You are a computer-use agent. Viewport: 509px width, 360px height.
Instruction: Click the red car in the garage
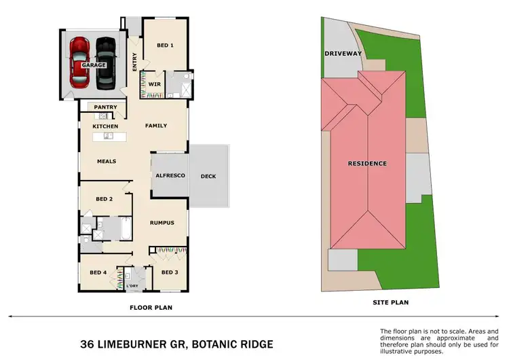[80, 62]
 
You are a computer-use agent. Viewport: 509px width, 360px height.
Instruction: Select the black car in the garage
[107, 62]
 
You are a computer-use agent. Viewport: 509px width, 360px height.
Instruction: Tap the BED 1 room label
[166, 45]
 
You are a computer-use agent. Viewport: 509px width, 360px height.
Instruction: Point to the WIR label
[154, 84]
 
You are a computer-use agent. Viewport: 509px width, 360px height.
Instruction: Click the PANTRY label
[105, 107]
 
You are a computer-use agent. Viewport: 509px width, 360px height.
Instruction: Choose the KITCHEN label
[105, 126]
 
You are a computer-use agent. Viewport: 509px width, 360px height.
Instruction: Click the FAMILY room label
[156, 126]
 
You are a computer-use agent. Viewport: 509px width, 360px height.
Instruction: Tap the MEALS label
[107, 161]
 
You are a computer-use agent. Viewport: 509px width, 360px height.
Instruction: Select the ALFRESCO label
[170, 175]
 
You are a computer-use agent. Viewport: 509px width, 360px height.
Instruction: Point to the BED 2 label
[104, 199]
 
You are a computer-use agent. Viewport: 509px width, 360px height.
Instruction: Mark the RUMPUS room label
[162, 222]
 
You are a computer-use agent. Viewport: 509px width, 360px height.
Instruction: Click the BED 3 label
[170, 272]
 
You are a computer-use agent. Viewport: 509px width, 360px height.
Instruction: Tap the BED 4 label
[98, 272]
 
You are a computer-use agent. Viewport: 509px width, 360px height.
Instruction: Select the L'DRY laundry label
[133, 286]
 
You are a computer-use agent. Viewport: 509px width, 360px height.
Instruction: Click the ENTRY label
[134, 61]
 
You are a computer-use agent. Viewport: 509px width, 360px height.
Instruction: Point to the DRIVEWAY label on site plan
[344, 53]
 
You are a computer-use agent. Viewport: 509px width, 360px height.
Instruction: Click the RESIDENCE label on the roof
[367, 163]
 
